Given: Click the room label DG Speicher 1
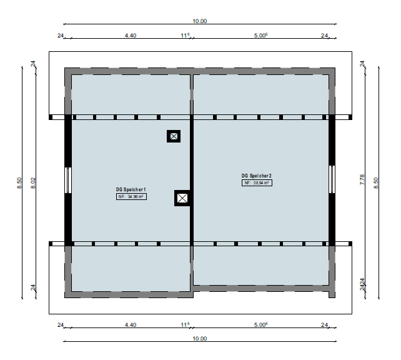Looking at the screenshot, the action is [x=131, y=189].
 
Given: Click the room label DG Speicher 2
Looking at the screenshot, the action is [x=257, y=176].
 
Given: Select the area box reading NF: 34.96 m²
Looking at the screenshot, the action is [x=131, y=197].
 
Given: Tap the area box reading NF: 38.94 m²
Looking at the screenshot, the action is [x=257, y=183].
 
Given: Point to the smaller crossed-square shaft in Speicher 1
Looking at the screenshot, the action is [x=174, y=136].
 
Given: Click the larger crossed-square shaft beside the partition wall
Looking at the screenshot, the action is [x=182, y=198].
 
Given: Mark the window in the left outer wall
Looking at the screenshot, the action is [x=68, y=181].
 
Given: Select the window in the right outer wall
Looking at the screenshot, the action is [x=332, y=179].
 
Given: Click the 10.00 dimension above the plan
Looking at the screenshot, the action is [x=199, y=21].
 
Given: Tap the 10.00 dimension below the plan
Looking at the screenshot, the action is [x=199, y=339].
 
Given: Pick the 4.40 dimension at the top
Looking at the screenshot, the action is [x=131, y=35].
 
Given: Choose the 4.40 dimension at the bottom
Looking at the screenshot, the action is [x=131, y=325].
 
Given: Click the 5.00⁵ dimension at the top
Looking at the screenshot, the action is [x=261, y=35].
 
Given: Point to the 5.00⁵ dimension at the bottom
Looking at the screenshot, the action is [x=261, y=325].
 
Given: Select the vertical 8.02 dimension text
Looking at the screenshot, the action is [x=33, y=183].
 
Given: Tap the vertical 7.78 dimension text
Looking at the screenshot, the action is [x=362, y=179].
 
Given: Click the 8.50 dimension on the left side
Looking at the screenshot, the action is [x=19, y=183].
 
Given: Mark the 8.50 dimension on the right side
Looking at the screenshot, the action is [x=375, y=183].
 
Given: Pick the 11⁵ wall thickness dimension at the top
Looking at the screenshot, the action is [x=185, y=35].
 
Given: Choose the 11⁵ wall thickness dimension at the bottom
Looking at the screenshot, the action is [x=185, y=325].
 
